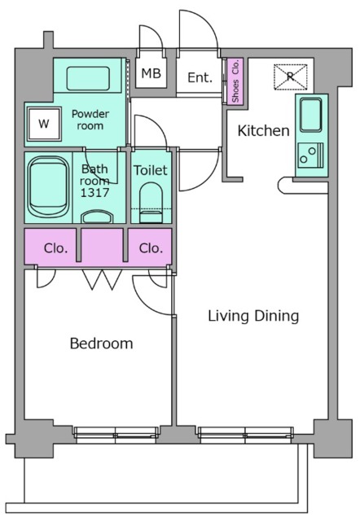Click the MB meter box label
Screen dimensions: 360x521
coord(151,73)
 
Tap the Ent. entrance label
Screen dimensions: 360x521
coord(200,77)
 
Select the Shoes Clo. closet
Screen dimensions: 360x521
coord(235,81)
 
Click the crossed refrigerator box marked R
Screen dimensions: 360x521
coord(290,77)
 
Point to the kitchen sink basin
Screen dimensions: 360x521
coord(311,115)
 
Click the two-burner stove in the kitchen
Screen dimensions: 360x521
coord(311,155)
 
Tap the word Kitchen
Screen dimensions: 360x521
coord(263,130)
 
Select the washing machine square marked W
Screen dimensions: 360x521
coord(43,124)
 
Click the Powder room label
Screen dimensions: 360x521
coord(90,120)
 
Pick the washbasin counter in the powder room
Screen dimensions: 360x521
coord(88,78)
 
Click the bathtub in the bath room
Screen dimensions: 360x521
coord(48,187)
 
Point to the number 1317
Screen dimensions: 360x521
coord(94,192)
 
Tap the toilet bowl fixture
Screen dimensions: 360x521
coord(151,203)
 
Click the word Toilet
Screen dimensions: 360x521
coord(150,170)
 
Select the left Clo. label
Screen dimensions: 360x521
coord(55,248)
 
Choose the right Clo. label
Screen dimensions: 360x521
coord(151,248)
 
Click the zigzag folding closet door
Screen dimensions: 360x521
coord(102,279)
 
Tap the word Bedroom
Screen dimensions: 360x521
coord(101,344)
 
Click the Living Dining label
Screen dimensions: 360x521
coord(253,316)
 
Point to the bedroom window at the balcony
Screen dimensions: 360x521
coord(116,435)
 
